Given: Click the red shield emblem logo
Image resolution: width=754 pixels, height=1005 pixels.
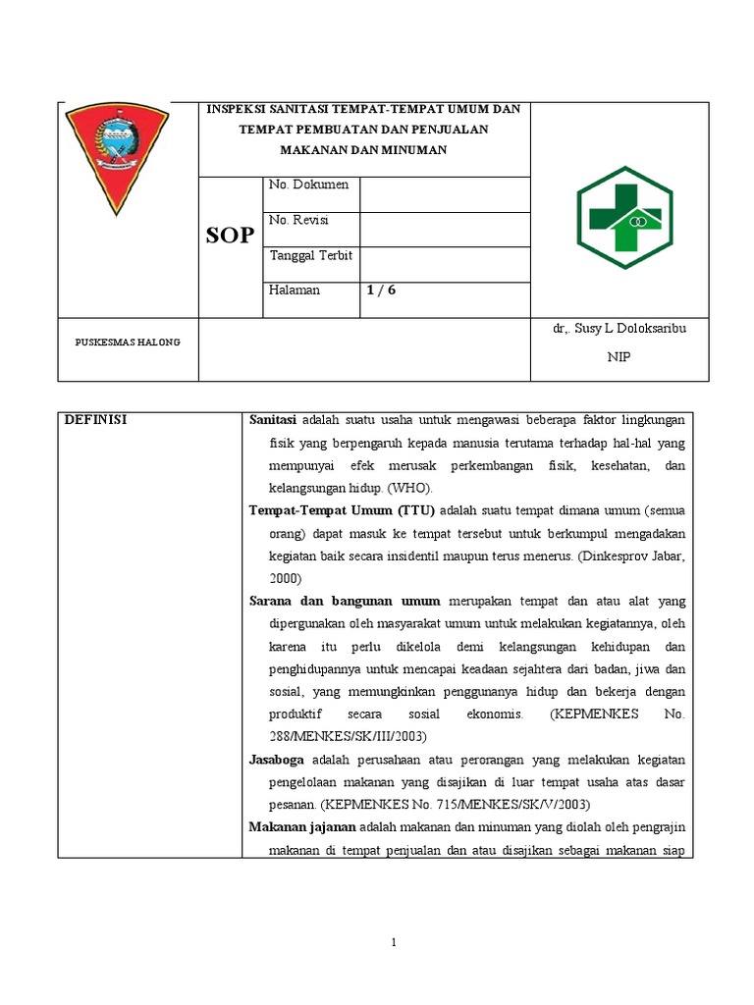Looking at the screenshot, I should pyautogui.click(x=117, y=158).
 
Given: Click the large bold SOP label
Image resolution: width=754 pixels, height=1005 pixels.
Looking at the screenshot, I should pyautogui.click(x=230, y=236).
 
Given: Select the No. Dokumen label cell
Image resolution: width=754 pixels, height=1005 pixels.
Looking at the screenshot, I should pyautogui.click(x=308, y=185).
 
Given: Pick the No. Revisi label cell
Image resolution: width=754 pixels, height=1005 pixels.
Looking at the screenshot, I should pyautogui.click(x=301, y=220).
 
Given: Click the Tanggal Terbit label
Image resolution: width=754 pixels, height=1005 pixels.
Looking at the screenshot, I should pyautogui.click(x=310, y=255).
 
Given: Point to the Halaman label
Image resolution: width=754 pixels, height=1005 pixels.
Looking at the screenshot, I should pyautogui.click(x=294, y=291).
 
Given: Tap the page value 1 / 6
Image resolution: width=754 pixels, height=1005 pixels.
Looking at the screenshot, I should pyautogui.click(x=381, y=291).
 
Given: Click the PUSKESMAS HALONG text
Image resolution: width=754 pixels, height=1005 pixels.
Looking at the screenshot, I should pyautogui.click(x=121, y=342).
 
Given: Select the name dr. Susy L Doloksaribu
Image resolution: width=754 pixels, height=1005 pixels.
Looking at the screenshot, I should pyautogui.click(x=619, y=329).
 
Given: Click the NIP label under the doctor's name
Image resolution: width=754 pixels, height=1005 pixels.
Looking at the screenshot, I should pyautogui.click(x=619, y=357).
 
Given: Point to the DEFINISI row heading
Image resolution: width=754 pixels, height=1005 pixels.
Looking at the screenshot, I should pyautogui.click(x=96, y=420).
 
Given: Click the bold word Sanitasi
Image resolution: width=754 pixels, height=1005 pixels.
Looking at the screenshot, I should pyautogui.click(x=274, y=420).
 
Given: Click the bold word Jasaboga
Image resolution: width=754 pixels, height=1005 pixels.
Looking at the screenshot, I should pyautogui.click(x=277, y=760).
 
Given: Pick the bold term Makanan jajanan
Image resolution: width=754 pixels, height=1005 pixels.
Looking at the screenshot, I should pyautogui.click(x=302, y=827).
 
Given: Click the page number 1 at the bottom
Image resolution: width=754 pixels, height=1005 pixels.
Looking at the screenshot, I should pyautogui.click(x=393, y=943).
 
